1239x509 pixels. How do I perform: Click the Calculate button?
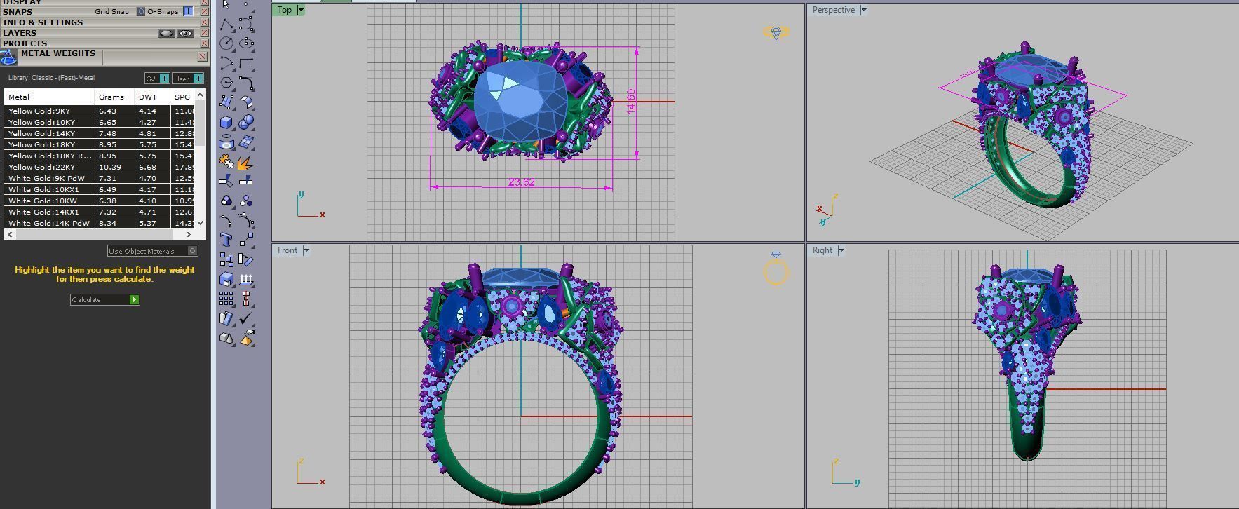point(104,300)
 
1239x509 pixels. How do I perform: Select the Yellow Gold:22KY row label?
point(42,167)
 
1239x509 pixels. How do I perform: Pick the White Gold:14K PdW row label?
point(49,223)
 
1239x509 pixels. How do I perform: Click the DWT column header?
point(147,97)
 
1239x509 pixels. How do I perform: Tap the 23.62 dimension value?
point(521,182)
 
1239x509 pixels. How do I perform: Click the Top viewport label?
point(284,10)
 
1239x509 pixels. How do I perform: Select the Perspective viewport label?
point(833,10)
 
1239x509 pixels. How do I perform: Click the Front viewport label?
point(287,250)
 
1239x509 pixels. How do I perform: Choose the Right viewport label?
point(822,250)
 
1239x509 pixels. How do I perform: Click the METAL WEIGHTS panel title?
point(58,53)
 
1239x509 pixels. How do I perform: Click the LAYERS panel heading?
point(20,33)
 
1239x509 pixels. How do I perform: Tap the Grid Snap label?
point(111,12)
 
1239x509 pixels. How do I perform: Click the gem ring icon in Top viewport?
point(776,33)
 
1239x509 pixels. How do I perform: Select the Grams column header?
point(111,97)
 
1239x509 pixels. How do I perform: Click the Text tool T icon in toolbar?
point(226,240)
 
